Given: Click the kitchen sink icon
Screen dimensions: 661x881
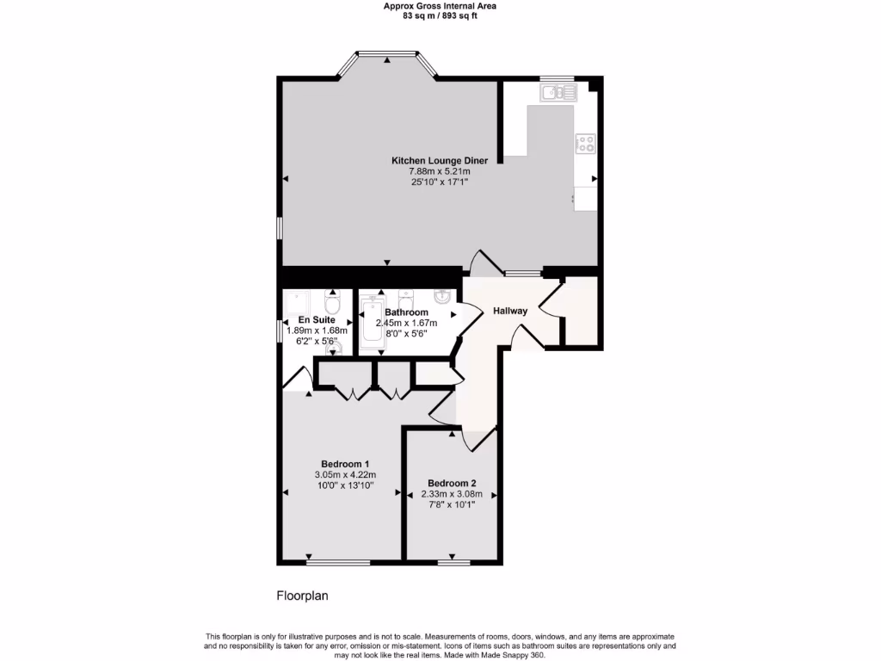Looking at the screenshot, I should (557, 92).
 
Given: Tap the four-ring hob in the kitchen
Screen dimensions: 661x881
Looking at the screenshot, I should (585, 144).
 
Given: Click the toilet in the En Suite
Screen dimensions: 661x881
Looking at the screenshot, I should (332, 303).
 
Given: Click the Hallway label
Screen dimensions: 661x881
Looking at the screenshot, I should (509, 311).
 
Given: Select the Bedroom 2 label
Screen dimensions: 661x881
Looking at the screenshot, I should (451, 483).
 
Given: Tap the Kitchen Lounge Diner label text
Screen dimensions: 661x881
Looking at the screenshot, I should (440, 161).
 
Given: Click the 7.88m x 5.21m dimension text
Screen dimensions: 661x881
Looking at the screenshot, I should (440, 172).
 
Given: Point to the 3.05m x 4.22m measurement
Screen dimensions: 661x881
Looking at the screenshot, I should (345, 475).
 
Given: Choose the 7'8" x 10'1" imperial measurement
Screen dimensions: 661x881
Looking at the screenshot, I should (451, 505).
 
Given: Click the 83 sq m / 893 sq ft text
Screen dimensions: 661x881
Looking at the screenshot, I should (440, 15).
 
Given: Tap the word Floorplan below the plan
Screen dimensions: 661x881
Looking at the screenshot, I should (302, 595).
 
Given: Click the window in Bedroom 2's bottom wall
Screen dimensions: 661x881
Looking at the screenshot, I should (453, 563).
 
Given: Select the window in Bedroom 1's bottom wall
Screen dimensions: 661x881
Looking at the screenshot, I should (338, 563).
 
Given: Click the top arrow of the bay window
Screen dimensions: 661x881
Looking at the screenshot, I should (387, 59).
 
